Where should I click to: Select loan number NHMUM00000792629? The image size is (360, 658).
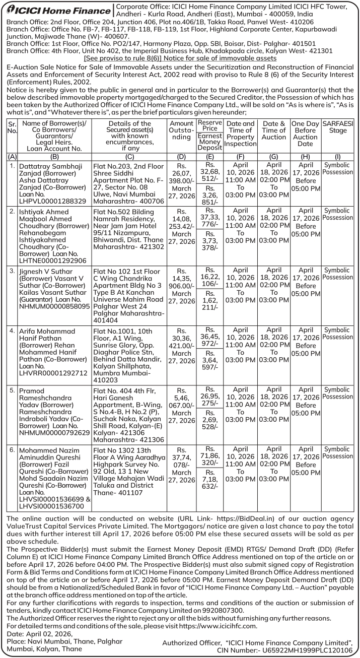[x=54, y=432]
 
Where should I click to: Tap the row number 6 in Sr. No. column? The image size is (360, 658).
[x=12, y=450]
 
